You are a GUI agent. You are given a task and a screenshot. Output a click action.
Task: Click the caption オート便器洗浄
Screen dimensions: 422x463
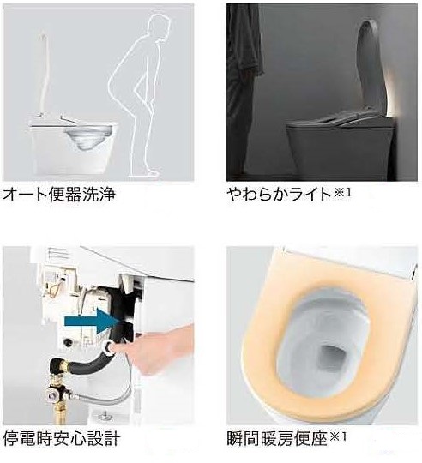[x=58, y=195]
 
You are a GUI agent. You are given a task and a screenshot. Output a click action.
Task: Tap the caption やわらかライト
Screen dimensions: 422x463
[x=280, y=195]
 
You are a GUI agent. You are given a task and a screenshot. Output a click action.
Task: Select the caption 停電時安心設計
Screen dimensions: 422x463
[x=61, y=438]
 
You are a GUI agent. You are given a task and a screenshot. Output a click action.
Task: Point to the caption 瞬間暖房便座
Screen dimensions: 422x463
[x=277, y=438]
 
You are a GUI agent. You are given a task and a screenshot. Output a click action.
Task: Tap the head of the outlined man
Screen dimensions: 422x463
[x=160, y=27]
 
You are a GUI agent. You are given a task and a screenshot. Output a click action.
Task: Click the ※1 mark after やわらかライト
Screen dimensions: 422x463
[x=342, y=193]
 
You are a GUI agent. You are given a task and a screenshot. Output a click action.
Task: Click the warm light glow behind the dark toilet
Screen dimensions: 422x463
[x=392, y=98]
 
